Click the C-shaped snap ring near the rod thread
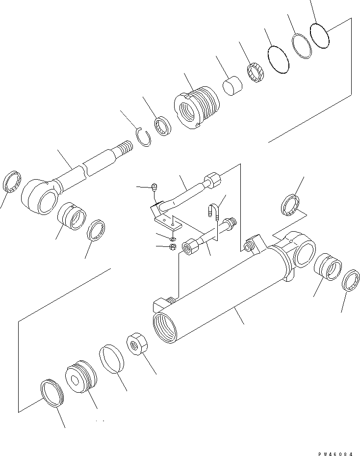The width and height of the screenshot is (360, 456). coord(143,136)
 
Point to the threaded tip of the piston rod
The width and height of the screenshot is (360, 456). coord(126,146)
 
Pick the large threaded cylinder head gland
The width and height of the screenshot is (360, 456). coord(197,107)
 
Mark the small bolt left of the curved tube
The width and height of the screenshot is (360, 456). coord(154,187)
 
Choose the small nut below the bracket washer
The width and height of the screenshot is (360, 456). coord(172,246)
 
